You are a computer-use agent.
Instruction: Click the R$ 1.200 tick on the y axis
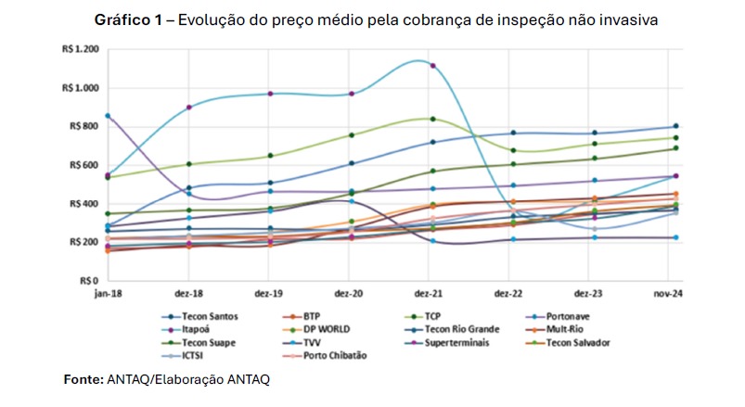tap(81, 50)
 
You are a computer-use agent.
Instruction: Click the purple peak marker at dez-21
tap(432, 66)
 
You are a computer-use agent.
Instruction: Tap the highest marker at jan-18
tap(109, 116)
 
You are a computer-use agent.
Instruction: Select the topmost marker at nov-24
tap(675, 126)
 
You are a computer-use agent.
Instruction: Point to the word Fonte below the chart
tap(81, 379)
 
